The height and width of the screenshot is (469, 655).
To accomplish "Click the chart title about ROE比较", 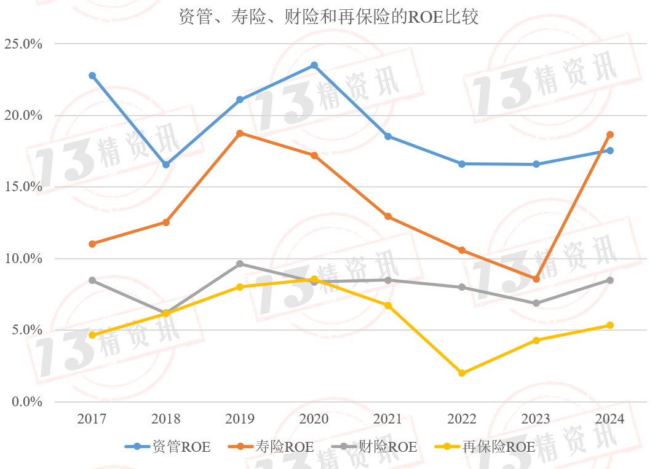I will [328, 17].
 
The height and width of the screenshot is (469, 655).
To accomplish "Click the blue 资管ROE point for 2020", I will [314, 65].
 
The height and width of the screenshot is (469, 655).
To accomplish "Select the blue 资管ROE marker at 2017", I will [92, 76].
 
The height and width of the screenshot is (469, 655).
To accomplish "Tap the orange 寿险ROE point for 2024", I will [609, 135].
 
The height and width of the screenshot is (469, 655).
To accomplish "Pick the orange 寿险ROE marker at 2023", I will [536, 279].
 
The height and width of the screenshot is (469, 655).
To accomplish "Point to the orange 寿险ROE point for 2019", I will [240, 133].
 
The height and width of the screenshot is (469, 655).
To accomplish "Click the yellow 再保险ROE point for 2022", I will [462, 373].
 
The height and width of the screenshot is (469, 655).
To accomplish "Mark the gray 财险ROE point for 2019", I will [240, 264].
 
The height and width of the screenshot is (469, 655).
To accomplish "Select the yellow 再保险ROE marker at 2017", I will [92, 335].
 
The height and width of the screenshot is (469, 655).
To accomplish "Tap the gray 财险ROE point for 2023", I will [536, 303].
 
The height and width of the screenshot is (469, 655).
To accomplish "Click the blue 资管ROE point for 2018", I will [166, 165].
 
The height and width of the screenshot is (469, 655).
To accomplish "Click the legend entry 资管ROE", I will [167, 447].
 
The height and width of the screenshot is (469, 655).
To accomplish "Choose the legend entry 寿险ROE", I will [271, 447].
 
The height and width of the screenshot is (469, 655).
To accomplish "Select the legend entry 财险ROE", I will [374, 447].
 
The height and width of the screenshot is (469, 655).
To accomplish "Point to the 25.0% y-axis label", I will [23, 44].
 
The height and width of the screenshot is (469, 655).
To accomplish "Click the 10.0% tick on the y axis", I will [23, 259].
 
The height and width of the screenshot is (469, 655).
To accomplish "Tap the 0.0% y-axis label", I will [26, 402].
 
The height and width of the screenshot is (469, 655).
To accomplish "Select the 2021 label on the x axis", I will [387, 419].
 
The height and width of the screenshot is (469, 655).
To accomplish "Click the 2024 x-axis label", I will [609, 419].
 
